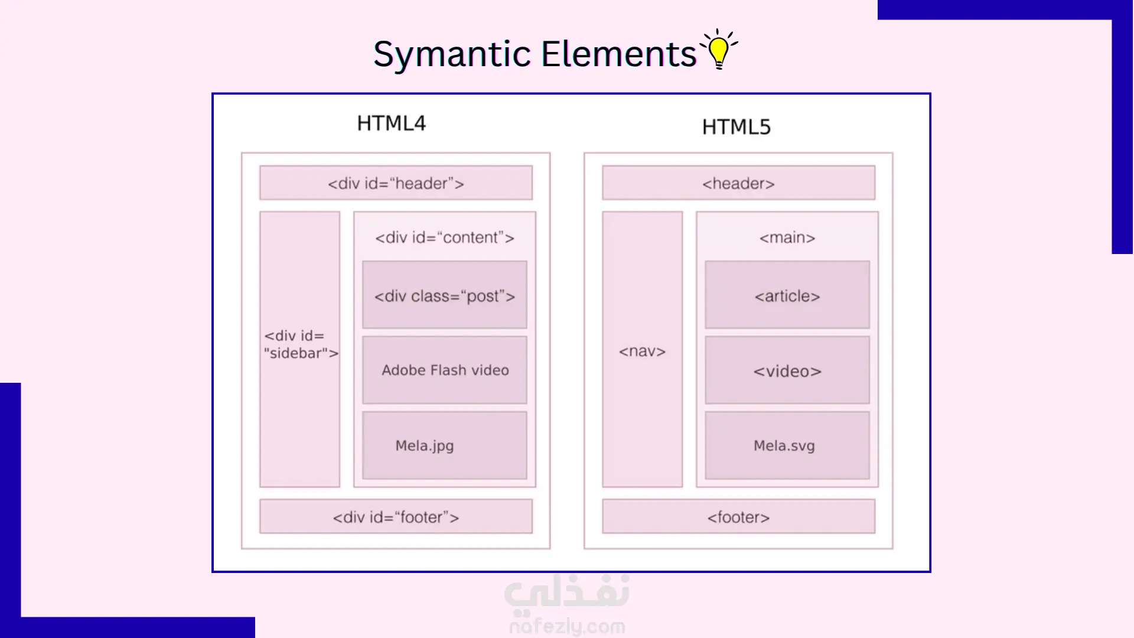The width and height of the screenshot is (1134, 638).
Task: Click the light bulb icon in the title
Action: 719,50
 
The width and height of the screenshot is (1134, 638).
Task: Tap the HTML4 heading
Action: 391,123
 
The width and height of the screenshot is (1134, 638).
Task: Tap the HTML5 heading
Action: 736,127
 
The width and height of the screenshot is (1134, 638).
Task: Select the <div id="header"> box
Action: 396,183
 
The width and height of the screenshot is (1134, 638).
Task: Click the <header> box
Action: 738,183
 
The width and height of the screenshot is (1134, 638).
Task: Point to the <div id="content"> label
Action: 445,237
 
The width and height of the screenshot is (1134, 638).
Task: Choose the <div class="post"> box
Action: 445,295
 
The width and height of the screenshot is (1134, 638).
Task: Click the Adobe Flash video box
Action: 445,370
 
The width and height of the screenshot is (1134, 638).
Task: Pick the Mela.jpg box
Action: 445,445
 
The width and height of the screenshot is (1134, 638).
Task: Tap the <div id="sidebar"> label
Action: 301,344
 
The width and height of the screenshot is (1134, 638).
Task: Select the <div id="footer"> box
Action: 396,517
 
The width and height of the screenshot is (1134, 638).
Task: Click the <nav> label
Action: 642,351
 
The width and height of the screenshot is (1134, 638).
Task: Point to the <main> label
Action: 787,237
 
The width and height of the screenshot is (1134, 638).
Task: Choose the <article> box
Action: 787,295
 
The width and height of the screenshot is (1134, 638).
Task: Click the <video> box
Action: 787,370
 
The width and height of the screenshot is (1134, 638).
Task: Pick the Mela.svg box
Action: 787,445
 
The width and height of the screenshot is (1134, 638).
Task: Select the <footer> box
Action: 738,517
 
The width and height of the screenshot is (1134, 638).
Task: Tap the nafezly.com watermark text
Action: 567,626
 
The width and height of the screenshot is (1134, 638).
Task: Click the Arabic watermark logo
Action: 567,593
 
